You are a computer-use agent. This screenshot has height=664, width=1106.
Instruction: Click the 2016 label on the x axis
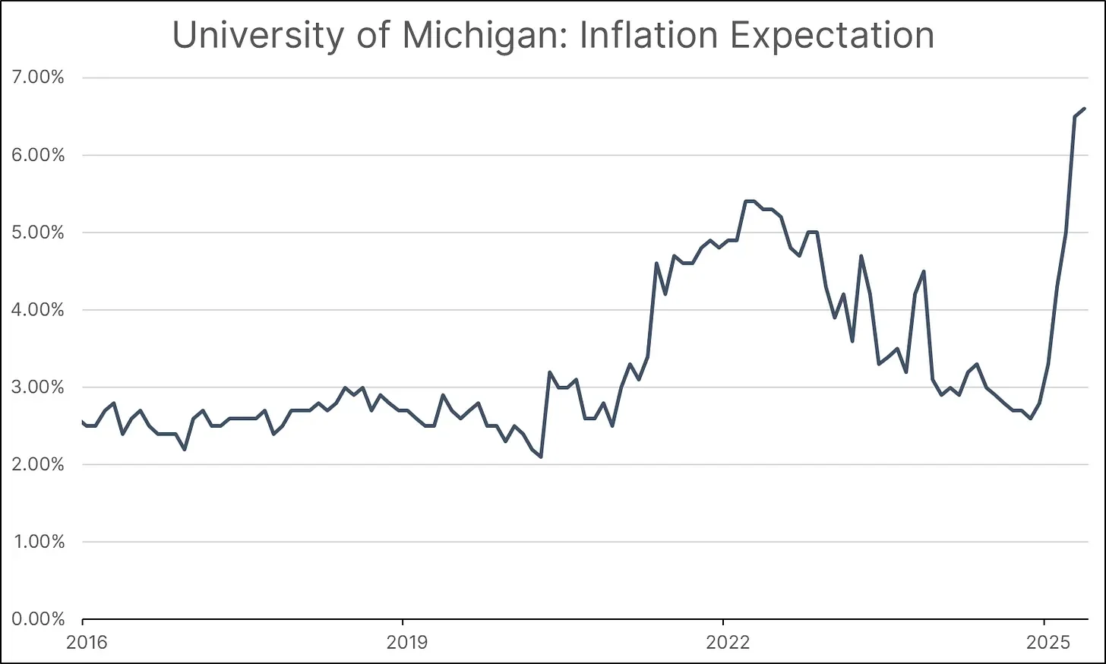coord(87,643)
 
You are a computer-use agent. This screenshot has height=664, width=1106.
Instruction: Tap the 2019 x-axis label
coord(406,643)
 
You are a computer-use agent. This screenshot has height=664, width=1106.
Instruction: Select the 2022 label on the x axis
coord(727,643)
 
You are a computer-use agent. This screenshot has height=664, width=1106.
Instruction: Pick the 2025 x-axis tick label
coord(1048,643)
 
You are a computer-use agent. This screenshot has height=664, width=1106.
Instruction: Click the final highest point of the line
coord(1084,109)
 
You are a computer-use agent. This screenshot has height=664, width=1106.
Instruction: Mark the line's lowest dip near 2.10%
coord(540,457)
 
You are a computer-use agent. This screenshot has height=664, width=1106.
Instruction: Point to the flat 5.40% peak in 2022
coord(750,201)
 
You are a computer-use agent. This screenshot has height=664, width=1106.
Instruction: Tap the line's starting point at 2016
coord(83,421)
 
